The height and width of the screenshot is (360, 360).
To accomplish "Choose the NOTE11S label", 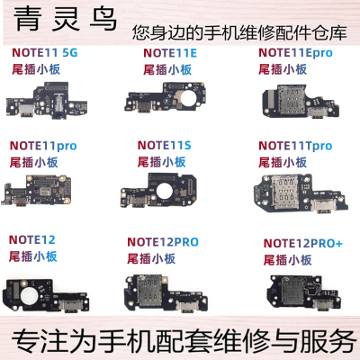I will [x=165, y=143].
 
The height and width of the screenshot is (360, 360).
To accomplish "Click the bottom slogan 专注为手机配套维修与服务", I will [x=180, y=342].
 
